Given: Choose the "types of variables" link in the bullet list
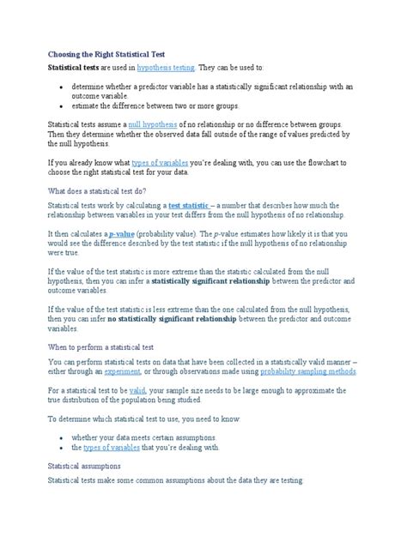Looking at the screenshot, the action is click(114, 447).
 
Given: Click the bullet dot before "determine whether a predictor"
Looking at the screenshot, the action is click(59, 87).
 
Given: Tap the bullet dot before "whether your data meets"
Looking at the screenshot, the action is click(59, 437).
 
